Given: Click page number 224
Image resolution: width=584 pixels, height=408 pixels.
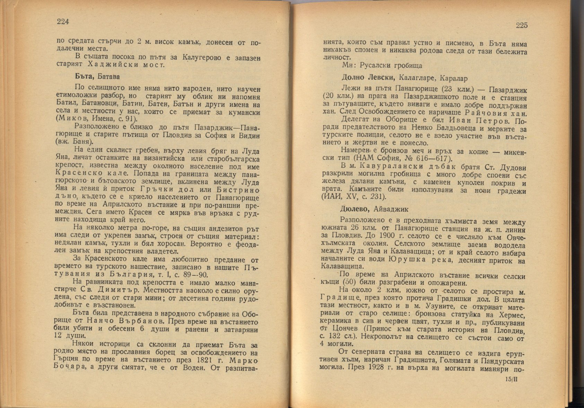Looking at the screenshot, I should tap(63, 22).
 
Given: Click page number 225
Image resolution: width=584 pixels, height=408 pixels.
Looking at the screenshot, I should tap(521, 25).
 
